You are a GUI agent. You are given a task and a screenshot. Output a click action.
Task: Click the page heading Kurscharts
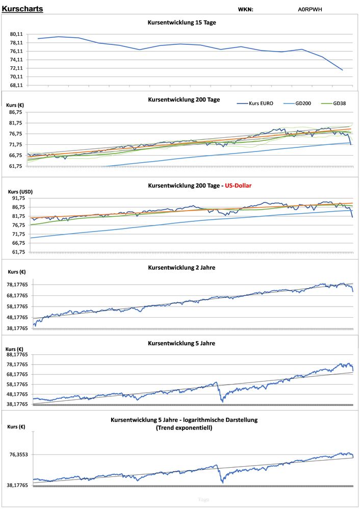pos(22,9)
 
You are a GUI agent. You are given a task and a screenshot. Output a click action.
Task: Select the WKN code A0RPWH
pos(310,9)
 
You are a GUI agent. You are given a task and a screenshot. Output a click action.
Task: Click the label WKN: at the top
pos(245,9)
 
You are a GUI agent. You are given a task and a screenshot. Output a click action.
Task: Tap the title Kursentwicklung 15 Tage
pos(182,23)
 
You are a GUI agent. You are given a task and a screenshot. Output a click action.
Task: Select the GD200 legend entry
pos(304,103)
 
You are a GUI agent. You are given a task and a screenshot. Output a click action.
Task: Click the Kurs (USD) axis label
pos(20,191)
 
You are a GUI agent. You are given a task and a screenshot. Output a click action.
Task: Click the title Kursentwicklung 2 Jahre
pos(182,267)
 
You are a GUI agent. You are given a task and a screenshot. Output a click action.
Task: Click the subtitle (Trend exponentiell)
pos(184,428)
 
